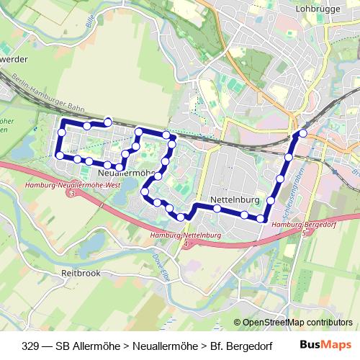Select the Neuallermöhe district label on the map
[126, 174]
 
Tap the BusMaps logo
[325, 345]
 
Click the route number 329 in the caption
[31, 346]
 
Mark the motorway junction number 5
[305, 233]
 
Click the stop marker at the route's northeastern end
[302, 133]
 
